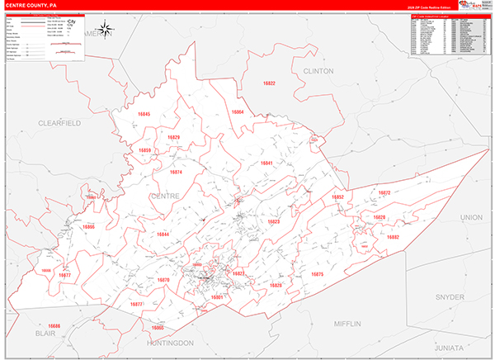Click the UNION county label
pos(471,216)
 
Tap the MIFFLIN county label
pos(348,323)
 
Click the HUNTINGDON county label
pos(171,342)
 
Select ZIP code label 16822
pos(269,83)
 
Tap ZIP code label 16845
pos(144,113)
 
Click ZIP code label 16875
pos(317,273)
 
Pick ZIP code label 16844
pos(163,234)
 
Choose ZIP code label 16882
pos(393,237)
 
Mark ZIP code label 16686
pos(54,326)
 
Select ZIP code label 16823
pos(274,222)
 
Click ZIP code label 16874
pos(176,172)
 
